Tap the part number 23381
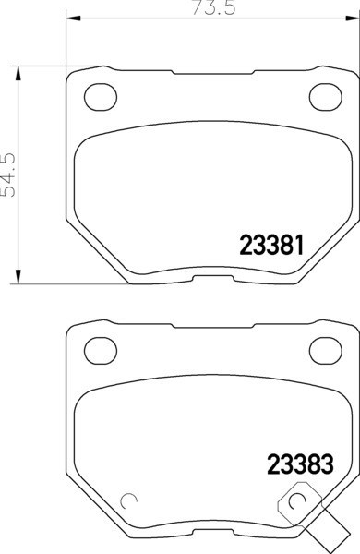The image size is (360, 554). (271, 246)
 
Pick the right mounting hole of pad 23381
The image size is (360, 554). (324, 94)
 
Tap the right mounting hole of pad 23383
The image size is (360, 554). (324, 348)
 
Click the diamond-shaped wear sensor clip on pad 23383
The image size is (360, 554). (298, 502)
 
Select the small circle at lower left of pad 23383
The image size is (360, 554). (130, 501)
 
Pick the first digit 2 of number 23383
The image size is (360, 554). (274, 461)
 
